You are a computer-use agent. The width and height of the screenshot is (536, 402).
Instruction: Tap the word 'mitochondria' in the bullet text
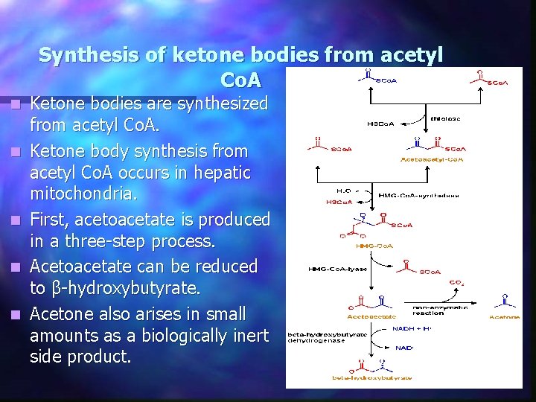pyautogui.click(x=81, y=196)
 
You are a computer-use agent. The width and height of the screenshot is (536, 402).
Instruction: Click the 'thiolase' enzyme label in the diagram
pyautogui.click(x=445, y=118)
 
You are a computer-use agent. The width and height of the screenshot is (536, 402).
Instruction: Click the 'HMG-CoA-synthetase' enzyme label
pyautogui.click(x=418, y=195)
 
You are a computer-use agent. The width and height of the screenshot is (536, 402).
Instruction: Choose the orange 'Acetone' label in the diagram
pyautogui.click(x=504, y=316)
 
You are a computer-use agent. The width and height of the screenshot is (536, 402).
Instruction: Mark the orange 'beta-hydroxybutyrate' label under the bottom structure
pyautogui.click(x=372, y=378)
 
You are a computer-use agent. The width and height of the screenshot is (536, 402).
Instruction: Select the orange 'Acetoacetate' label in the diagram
pyautogui.click(x=371, y=316)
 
